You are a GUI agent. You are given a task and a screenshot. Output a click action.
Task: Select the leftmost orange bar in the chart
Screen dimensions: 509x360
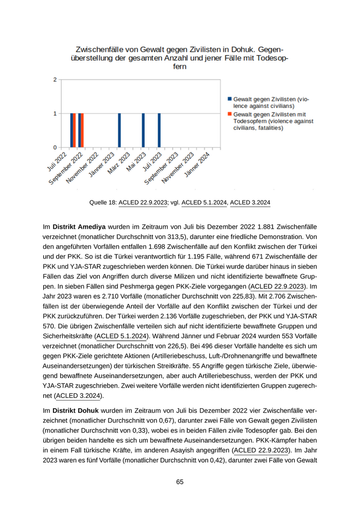pos(75,131)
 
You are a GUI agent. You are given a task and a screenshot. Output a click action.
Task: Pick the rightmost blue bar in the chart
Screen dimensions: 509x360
pos(159,131)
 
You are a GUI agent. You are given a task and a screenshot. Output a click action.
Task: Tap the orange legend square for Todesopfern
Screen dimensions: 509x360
pos(229,114)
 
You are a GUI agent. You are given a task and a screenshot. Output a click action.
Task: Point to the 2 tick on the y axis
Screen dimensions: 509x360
pos(55,80)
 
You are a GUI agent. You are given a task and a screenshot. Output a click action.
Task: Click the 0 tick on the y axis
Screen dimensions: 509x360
pos(55,148)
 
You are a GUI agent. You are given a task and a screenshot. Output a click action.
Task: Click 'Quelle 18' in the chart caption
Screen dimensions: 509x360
pos(102,203)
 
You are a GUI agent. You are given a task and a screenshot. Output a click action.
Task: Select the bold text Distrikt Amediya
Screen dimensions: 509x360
pos(78,227)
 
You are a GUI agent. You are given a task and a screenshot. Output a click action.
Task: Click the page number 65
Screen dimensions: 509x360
pos(179,482)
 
